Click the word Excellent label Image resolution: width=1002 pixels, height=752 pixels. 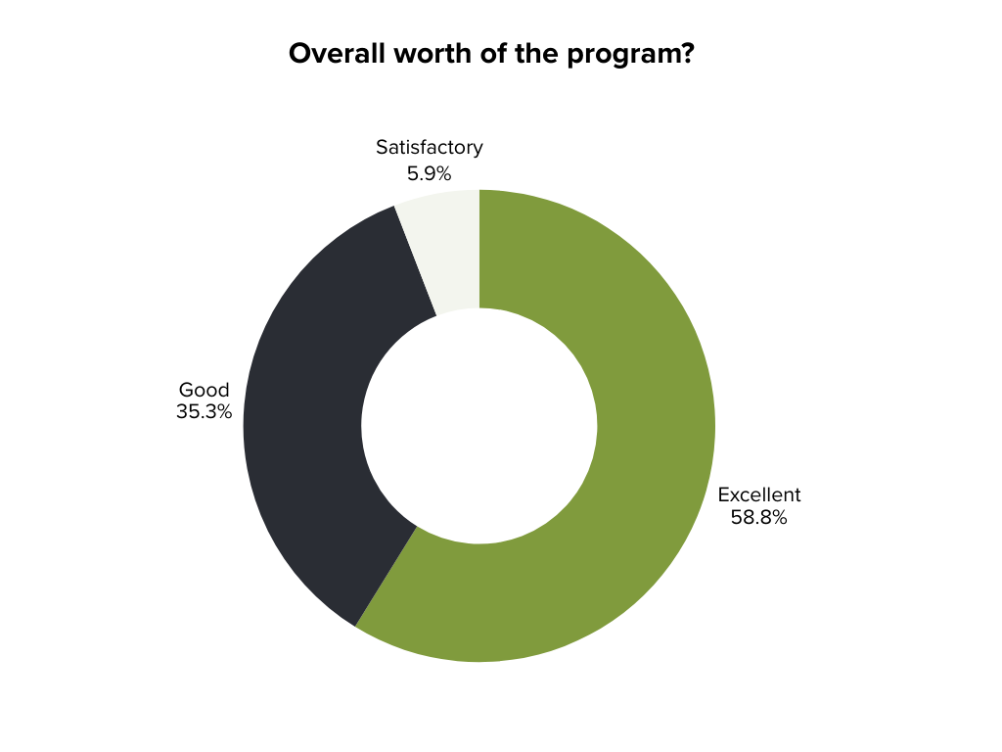[759, 494]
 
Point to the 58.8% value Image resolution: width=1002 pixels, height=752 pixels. [759, 518]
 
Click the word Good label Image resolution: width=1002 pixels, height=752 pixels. [204, 390]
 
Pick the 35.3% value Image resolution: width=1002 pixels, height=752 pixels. [204, 412]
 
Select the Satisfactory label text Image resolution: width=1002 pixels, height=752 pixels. [430, 148]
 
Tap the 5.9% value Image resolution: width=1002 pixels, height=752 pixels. [430, 173]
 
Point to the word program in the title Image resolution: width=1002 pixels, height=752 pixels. [624, 56]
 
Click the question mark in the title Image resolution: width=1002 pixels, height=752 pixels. [688, 54]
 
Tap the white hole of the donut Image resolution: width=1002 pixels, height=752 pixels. [479, 426]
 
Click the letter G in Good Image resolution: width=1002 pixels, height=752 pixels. [186, 390]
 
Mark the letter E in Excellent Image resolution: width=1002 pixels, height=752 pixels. [724, 494]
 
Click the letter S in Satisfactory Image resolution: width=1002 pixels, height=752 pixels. [382, 148]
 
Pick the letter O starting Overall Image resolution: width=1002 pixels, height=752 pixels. [298, 54]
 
